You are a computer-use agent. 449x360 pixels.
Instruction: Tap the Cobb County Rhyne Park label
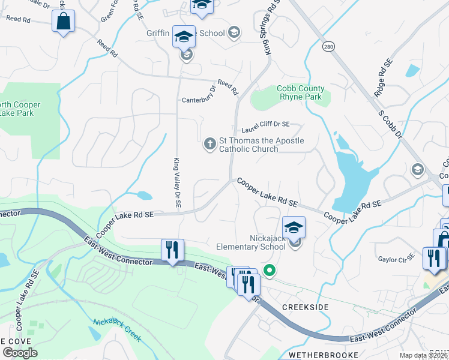point(299,93)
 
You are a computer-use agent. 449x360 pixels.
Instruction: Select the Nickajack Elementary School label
point(259,242)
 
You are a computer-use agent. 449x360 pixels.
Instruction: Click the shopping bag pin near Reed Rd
point(64,22)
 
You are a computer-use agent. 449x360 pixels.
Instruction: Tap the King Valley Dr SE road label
point(177,182)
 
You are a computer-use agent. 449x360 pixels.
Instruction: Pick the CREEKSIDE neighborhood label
point(306,307)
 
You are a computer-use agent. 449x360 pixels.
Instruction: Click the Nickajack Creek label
point(118,330)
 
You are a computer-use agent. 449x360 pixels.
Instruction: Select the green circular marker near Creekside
point(270,271)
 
